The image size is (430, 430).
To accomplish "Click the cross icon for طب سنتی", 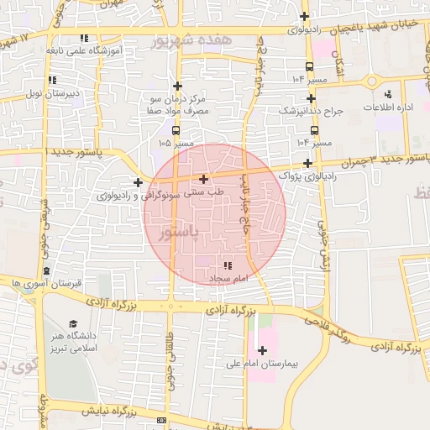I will coord(204,179).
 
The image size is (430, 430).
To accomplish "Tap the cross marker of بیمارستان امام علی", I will coord(262,350).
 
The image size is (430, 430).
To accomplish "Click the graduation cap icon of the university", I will coord(73,323).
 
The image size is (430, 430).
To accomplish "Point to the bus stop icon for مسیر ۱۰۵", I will coord(176,130).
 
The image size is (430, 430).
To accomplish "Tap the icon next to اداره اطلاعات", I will coord(387,94).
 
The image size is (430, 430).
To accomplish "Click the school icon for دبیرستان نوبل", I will coord(52,80).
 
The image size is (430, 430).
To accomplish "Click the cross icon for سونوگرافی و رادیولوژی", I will coord(138,181).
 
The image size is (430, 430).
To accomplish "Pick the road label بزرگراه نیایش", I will coord(108,412).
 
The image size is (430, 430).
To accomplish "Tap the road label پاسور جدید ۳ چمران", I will coord(379,159).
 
